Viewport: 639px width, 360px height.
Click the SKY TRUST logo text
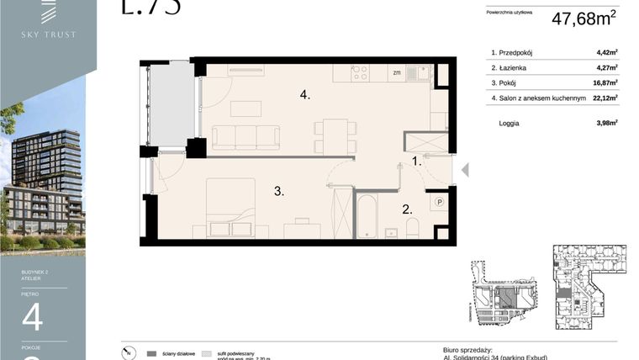click(x=49, y=34)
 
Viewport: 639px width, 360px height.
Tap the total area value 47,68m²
click(x=584, y=19)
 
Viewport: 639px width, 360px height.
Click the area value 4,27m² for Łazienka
click(x=606, y=67)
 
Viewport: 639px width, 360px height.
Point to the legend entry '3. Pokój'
click(x=506, y=82)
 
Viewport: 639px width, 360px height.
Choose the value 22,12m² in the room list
click(x=605, y=98)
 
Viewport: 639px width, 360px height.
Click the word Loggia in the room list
click(x=508, y=123)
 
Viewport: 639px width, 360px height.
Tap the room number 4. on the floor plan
click(x=305, y=95)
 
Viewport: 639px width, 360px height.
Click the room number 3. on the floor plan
click(x=278, y=192)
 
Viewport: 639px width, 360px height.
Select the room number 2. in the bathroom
click(x=406, y=209)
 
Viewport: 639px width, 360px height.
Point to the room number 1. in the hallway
click(x=416, y=161)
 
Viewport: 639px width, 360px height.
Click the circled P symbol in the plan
click(x=439, y=202)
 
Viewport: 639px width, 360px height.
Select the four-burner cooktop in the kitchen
click(x=360, y=73)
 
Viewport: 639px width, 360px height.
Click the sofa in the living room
click(x=246, y=137)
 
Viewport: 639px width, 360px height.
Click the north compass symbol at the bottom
click(x=127, y=353)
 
